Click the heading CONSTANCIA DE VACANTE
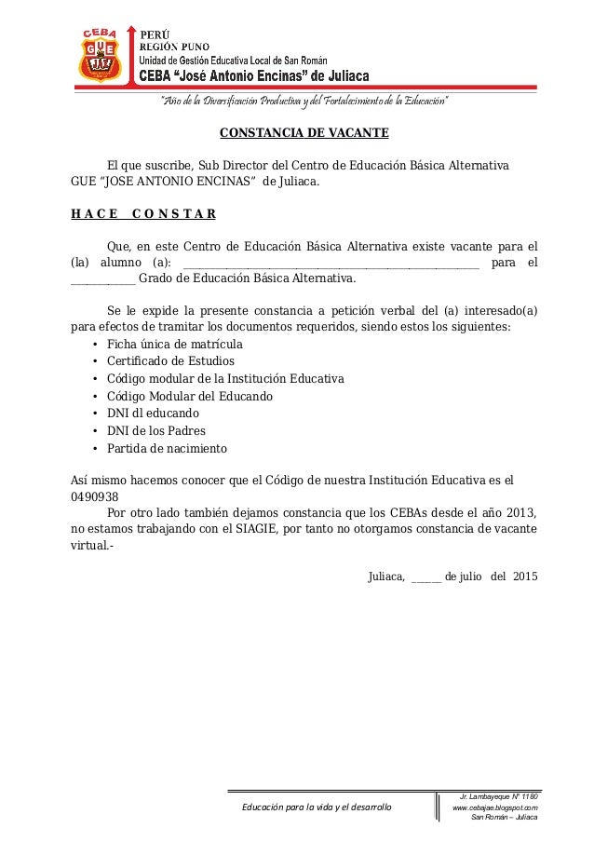coord(297,133)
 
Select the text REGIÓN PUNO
coord(174,47)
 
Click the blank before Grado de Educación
coord(103,278)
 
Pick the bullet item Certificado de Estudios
coord(170,361)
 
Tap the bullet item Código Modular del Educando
coord(190,396)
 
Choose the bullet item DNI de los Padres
coord(156,431)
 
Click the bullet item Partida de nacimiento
coord(167,449)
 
